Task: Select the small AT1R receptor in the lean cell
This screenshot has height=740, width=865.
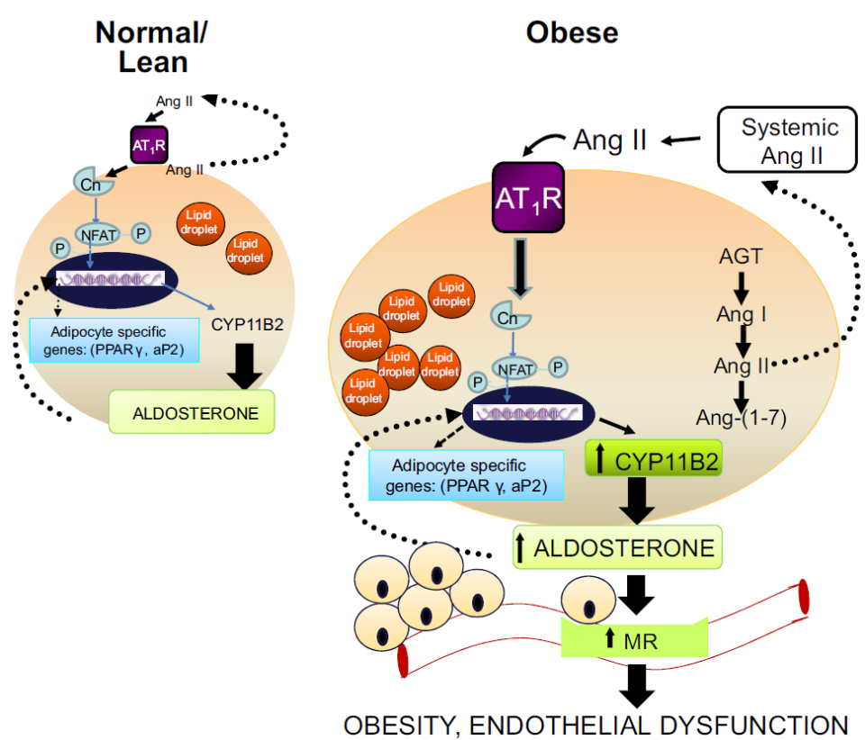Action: tap(149, 144)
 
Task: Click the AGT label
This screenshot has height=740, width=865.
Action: tap(741, 257)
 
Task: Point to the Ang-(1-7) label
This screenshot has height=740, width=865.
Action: tap(742, 416)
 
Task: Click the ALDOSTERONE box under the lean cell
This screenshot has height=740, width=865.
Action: tap(191, 412)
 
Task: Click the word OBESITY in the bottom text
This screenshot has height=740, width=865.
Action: tap(401, 725)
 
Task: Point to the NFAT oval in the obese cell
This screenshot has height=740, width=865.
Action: tap(513, 367)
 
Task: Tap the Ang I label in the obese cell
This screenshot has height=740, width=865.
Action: tap(741, 314)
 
